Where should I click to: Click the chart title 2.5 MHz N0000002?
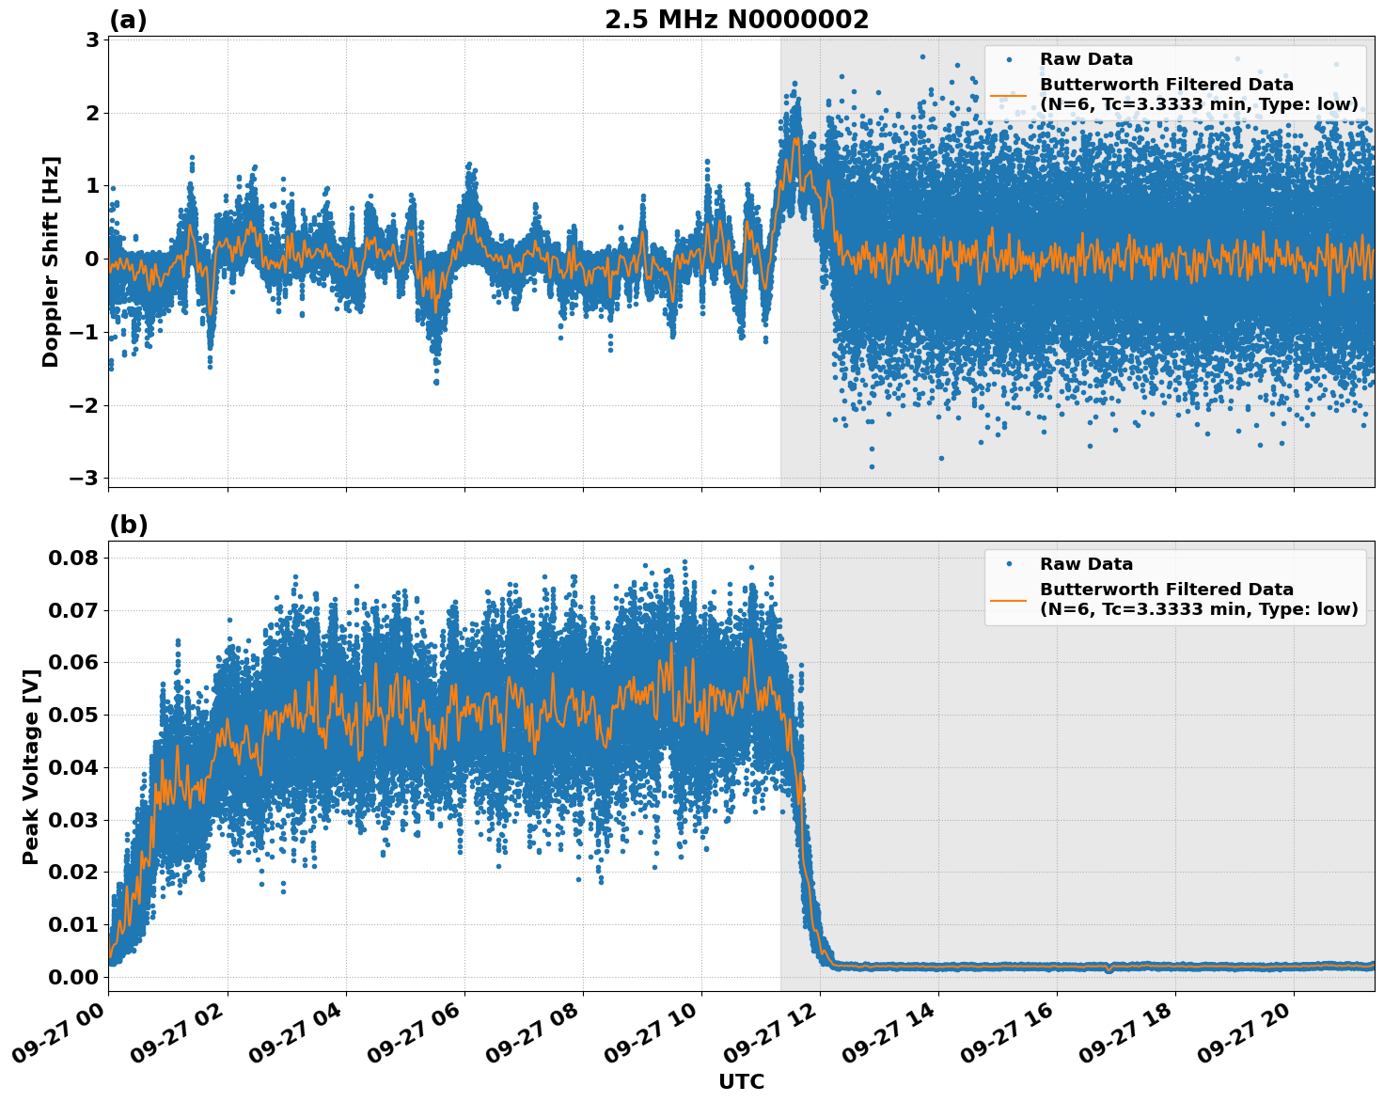(736, 20)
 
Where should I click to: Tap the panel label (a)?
(128, 20)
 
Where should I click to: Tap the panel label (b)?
(129, 525)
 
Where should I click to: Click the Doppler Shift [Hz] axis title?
(51, 261)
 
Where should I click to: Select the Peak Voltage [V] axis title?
(31, 766)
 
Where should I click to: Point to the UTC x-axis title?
(741, 1081)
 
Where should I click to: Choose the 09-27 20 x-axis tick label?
(1255, 1032)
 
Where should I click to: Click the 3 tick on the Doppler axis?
(92, 40)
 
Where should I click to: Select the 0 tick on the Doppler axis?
(92, 260)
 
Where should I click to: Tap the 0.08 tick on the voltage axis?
(73, 558)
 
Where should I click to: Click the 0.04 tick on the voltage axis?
(73, 767)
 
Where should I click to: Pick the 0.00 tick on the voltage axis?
(73, 977)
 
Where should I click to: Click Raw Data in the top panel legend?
(1086, 59)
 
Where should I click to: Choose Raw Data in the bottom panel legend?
(1086, 564)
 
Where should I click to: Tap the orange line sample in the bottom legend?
(1009, 600)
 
